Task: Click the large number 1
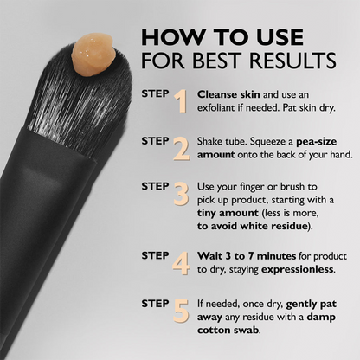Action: tap(181, 101)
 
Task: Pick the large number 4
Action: tap(181, 262)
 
